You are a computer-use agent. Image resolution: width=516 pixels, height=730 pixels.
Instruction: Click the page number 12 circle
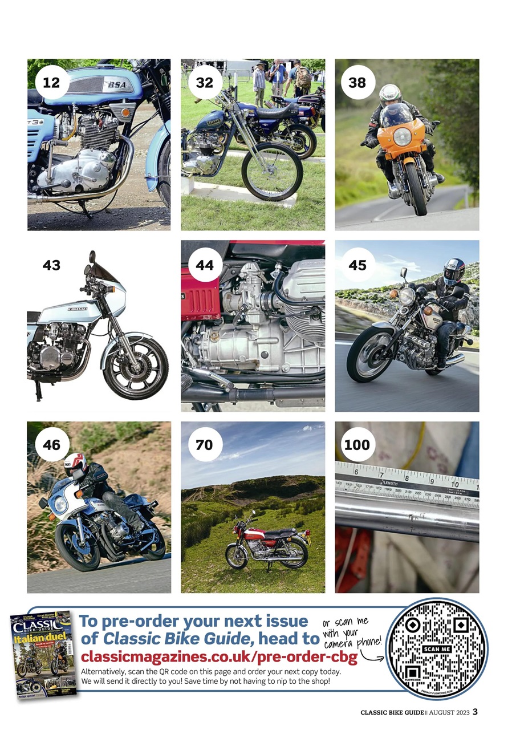[x=51, y=83]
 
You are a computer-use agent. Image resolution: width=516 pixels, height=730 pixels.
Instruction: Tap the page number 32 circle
[x=204, y=83]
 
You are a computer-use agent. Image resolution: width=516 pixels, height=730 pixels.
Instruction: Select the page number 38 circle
[x=357, y=83]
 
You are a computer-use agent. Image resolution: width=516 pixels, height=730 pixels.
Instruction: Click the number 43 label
[x=51, y=265]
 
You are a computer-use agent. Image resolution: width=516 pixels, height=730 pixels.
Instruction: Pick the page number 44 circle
[x=204, y=265]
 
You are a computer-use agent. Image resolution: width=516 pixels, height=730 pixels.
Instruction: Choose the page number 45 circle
[x=357, y=265]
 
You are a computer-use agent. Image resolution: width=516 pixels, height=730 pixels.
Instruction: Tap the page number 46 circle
[x=51, y=445]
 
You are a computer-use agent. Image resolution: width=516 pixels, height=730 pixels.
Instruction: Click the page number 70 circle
[x=204, y=445]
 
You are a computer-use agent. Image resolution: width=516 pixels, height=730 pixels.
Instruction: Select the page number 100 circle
[x=357, y=445]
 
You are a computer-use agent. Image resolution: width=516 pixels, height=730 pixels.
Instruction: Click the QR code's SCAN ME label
[x=437, y=649]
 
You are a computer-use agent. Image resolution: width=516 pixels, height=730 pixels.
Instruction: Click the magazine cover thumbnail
[x=43, y=656]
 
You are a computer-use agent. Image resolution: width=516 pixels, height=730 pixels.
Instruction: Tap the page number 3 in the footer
[x=475, y=712]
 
